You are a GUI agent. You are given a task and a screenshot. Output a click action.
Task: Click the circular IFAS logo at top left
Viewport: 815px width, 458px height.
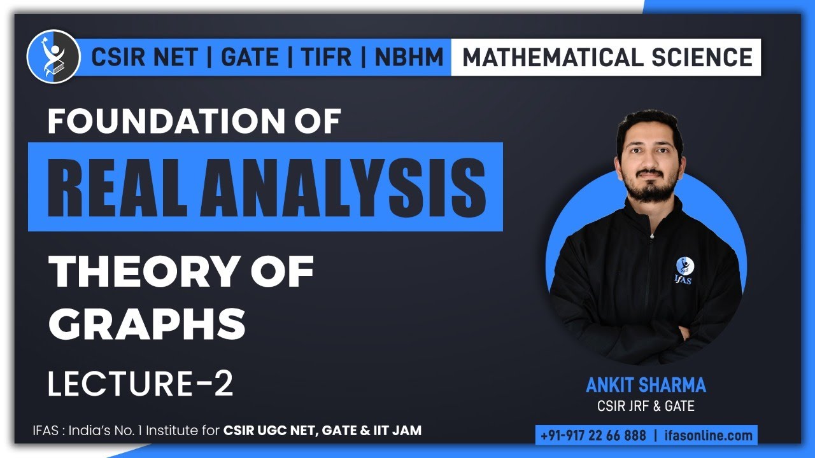(x=53, y=57)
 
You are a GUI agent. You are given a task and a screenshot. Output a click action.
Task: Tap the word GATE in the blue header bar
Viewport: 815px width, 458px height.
(x=249, y=57)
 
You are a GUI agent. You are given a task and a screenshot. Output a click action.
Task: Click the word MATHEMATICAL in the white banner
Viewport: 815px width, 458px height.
(x=551, y=57)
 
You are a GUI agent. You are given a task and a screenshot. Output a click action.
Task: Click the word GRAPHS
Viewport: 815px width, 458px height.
(x=147, y=323)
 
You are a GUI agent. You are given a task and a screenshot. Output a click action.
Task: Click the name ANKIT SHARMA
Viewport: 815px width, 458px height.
(x=646, y=385)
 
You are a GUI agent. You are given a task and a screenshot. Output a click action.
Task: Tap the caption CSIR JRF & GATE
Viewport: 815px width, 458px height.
(x=646, y=405)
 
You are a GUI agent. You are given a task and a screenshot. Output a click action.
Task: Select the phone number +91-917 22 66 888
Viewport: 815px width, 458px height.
(x=593, y=436)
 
